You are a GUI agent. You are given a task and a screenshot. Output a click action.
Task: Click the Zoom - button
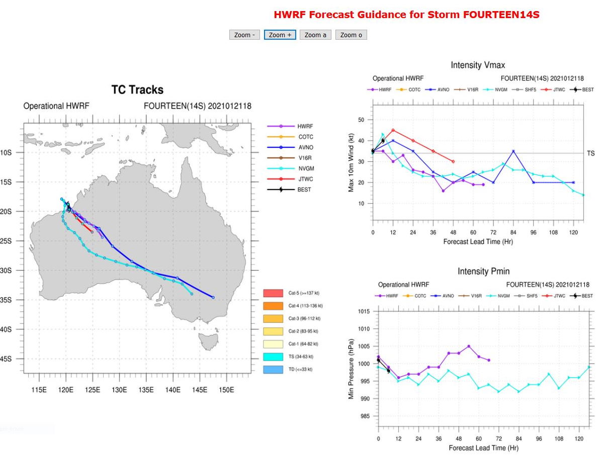pyautogui.click(x=245, y=35)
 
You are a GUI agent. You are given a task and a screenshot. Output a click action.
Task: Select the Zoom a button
pyautogui.click(x=315, y=35)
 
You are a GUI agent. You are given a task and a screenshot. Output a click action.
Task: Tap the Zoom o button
pyautogui.click(x=351, y=35)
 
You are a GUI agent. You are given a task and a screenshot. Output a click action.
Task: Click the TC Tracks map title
pyautogui.click(x=137, y=90)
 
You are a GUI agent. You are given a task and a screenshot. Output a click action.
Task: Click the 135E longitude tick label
pyautogui.click(x=146, y=390)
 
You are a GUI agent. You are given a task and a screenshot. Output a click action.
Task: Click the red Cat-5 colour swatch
pyautogui.click(x=274, y=293)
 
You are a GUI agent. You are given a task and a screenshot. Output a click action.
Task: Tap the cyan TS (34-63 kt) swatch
pyautogui.click(x=274, y=357)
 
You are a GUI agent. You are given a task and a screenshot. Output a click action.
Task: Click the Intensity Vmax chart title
pyautogui.click(x=478, y=65)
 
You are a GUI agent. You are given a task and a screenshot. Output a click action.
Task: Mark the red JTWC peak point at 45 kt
pyautogui.click(x=393, y=130)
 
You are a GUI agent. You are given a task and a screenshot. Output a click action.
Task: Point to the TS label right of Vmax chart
pyautogui.click(x=590, y=153)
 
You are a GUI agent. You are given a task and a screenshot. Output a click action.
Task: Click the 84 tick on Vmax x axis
pyautogui.click(x=513, y=233)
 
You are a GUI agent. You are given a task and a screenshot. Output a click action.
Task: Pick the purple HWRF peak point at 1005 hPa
pyautogui.click(x=468, y=346)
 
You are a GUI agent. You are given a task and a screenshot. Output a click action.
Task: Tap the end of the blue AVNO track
pyautogui.click(x=213, y=297)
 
